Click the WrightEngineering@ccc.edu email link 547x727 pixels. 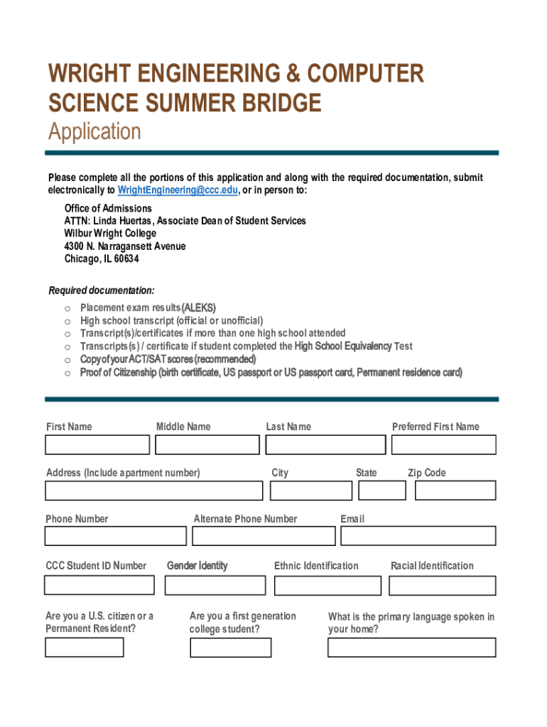(x=178, y=190)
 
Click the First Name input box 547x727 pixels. (x=97, y=445)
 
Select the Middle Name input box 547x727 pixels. (x=207, y=445)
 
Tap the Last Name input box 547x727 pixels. (x=325, y=445)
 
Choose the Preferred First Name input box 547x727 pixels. (x=444, y=445)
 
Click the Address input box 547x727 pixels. (x=153, y=491)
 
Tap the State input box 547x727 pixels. (x=382, y=491)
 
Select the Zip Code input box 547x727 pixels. (x=455, y=491)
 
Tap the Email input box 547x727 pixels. (x=418, y=536)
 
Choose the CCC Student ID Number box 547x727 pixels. (x=99, y=585)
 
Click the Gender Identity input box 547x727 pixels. (x=215, y=585)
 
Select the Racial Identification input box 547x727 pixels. (x=443, y=585)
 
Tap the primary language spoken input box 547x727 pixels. (x=411, y=647)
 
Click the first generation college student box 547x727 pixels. (x=230, y=647)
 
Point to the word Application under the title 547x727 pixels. (x=94, y=132)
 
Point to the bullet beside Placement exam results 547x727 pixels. (x=67, y=308)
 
